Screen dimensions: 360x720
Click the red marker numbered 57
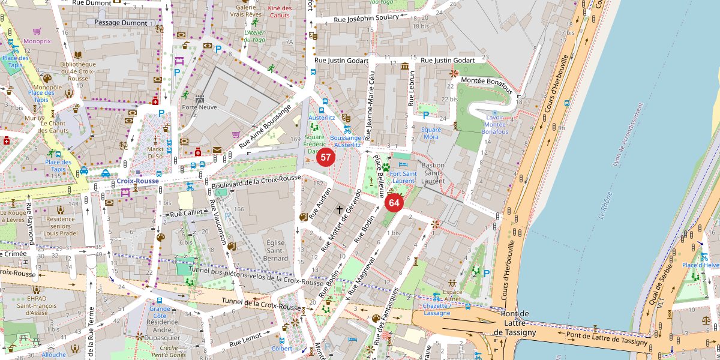click(326, 158)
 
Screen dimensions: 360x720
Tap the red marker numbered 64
click(394, 203)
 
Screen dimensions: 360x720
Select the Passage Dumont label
click(117, 22)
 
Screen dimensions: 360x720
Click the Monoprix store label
click(37, 41)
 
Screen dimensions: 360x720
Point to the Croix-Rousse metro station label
click(137, 181)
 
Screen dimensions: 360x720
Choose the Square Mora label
click(431, 133)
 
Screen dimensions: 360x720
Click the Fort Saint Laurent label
click(403, 177)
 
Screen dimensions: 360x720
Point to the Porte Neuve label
click(199, 107)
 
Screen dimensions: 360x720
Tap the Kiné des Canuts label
click(280, 11)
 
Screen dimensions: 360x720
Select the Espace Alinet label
click(452, 295)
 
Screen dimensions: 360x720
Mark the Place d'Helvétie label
click(700, 265)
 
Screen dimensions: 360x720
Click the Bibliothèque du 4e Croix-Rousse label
click(78, 71)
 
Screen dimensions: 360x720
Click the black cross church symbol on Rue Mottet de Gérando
click(339, 210)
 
